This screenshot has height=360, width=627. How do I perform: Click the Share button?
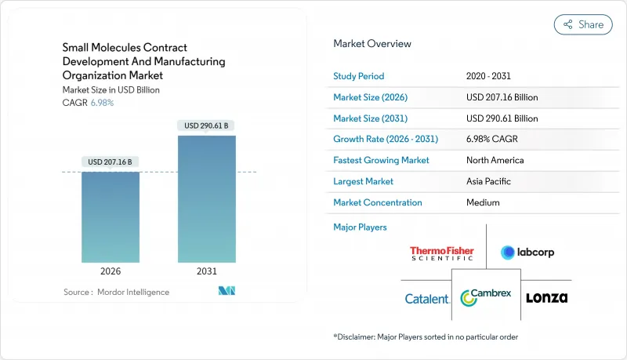tap(583, 24)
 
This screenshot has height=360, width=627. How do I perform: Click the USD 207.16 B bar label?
tap(111, 162)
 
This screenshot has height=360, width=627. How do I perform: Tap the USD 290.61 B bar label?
tap(207, 125)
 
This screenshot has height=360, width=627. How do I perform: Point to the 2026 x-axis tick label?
tap(111, 271)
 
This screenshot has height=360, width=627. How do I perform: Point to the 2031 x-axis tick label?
tap(207, 271)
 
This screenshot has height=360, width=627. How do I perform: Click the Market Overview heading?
tap(372, 44)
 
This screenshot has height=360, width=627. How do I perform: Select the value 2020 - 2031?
tap(490, 76)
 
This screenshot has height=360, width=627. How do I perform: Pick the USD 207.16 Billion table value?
tap(502, 97)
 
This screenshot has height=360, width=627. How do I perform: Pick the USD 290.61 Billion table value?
tap(502, 118)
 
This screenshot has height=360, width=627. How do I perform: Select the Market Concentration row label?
tap(378, 202)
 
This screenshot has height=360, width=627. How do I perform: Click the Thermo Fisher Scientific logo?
tap(442, 253)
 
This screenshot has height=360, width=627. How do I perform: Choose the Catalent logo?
tap(427, 299)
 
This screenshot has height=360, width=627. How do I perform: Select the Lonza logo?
tap(546, 298)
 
